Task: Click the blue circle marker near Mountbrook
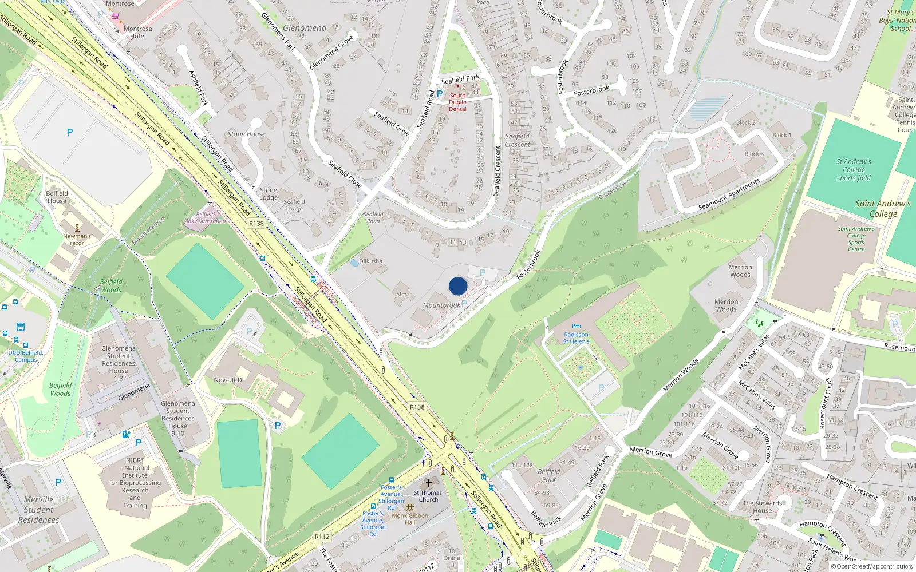pyautogui.click(x=458, y=286)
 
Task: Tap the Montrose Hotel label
pyautogui.click(x=138, y=33)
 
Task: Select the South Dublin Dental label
pyautogui.click(x=457, y=102)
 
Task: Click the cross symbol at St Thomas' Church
pyautogui.click(x=428, y=483)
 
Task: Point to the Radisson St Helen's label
pyautogui.click(x=576, y=338)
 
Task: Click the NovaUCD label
pyautogui.click(x=228, y=380)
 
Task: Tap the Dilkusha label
pyautogui.click(x=370, y=261)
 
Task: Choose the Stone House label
pyautogui.click(x=247, y=134)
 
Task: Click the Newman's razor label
pyautogui.click(x=77, y=239)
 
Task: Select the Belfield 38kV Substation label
pyautogui.click(x=205, y=217)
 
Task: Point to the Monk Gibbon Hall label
pyautogui.click(x=410, y=518)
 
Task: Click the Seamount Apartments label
pyautogui.click(x=729, y=194)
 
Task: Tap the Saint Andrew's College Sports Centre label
pyautogui.click(x=856, y=239)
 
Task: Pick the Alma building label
pyautogui.click(x=403, y=295)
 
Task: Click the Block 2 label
pyautogui.click(x=745, y=122)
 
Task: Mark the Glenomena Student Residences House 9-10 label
pyautogui.click(x=178, y=418)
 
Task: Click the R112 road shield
pyautogui.click(x=322, y=537)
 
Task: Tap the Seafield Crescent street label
pyautogui.click(x=498, y=170)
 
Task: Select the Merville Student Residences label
pyautogui.click(x=38, y=509)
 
